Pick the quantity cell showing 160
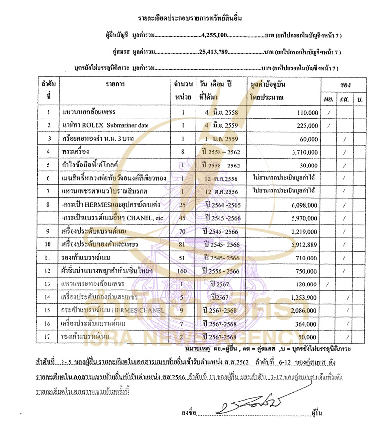[182, 271]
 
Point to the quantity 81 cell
[182, 244]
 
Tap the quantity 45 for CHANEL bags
[182, 217]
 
